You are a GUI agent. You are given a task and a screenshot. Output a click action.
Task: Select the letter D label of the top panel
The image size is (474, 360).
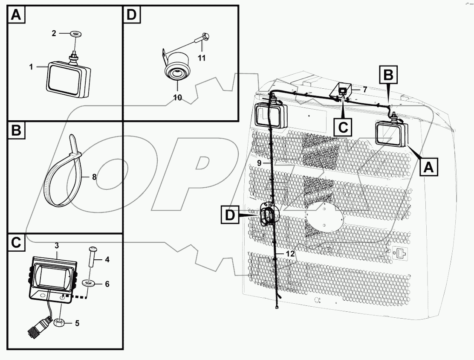131,15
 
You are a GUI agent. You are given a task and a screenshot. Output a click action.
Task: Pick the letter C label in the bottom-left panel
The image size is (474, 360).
15,243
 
